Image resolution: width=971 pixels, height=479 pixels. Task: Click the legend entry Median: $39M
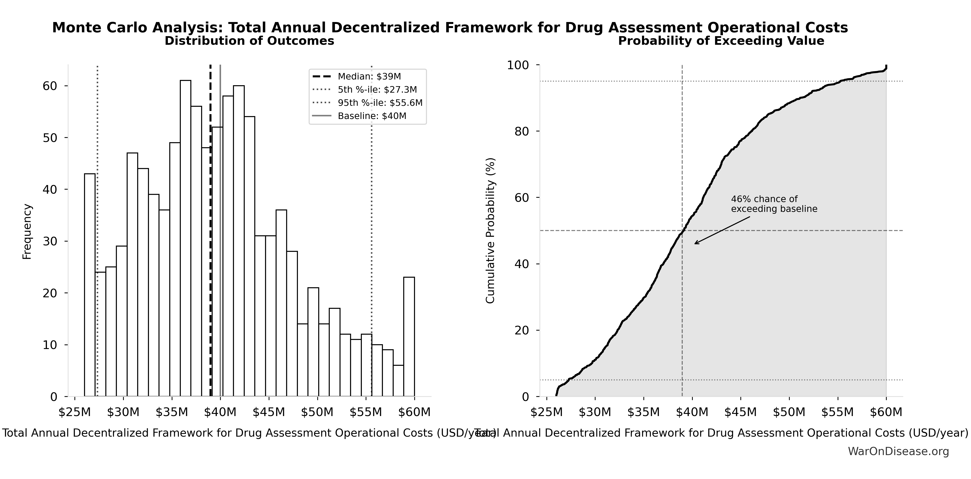[x=369, y=77]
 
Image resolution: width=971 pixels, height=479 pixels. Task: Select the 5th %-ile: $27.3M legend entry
[x=377, y=90]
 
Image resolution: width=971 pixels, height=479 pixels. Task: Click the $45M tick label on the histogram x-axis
[x=269, y=412]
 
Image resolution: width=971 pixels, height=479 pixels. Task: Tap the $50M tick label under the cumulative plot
[x=789, y=412]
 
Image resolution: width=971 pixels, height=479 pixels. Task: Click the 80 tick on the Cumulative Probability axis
[x=522, y=131]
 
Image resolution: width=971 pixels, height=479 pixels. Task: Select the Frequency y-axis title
[x=27, y=231]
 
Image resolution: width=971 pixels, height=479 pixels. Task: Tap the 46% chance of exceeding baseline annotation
[x=774, y=204]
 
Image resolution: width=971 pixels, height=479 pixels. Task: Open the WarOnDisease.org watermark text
[x=898, y=451]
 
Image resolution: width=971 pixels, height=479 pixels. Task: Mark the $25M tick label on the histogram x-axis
[x=75, y=412]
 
